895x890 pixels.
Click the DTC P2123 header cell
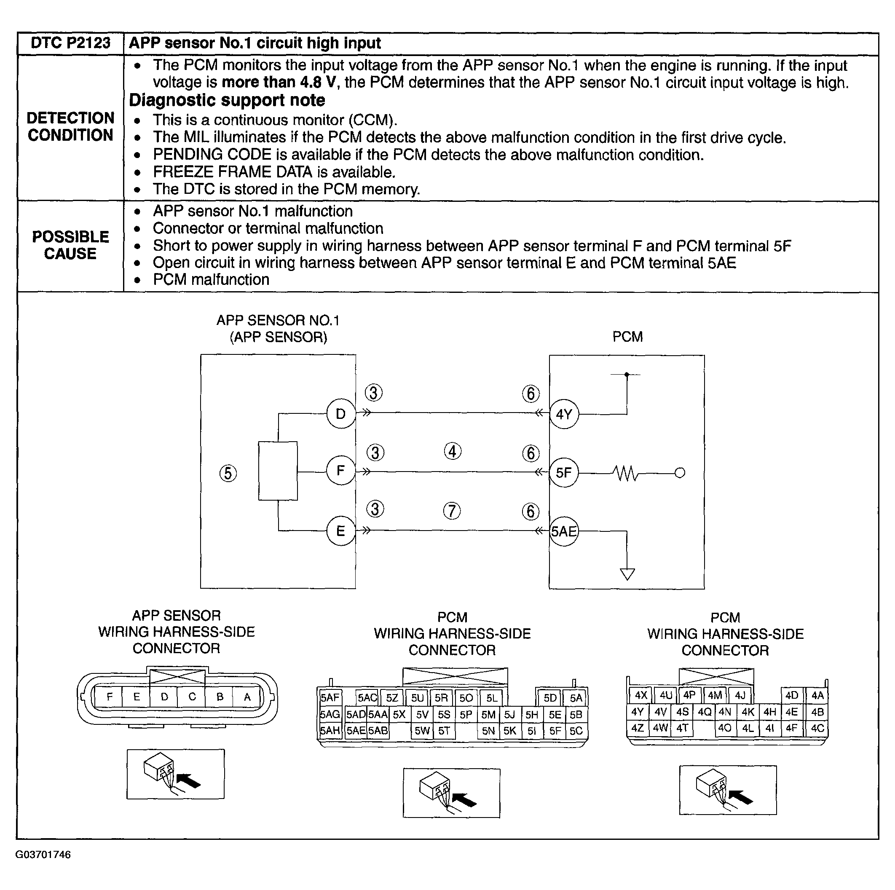pyautogui.click(x=70, y=43)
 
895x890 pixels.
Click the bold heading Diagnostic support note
pyautogui.click(x=227, y=100)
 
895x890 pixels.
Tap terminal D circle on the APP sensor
pyautogui.click(x=340, y=414)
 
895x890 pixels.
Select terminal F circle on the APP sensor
pyautogui.click(x=340, y=471)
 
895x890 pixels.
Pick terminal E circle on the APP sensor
pyautogui.click(x=340, y=531)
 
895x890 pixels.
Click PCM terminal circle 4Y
pyautogui.click(x=564, y=414)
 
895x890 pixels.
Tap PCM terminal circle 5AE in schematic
pyautogui.click(x=564, y=531)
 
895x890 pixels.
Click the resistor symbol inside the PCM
pyautogui.click(x=626, y=474)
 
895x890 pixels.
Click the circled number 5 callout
pyautogui.click(x=228, y=474)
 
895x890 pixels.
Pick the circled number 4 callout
pyautogui.click(x=453, y=451)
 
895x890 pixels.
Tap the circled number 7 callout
pyautogui.click(x=452, y=511)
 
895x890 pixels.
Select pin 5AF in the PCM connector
pyautogui.click(x=330, y=698)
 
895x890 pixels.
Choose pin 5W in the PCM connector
pyautogui.click(x=422, y=731)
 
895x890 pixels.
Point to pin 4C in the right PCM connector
pyautogui.click(x=817, y=728)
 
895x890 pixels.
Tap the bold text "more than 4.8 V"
pyautogui.click(x=278, y=83)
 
